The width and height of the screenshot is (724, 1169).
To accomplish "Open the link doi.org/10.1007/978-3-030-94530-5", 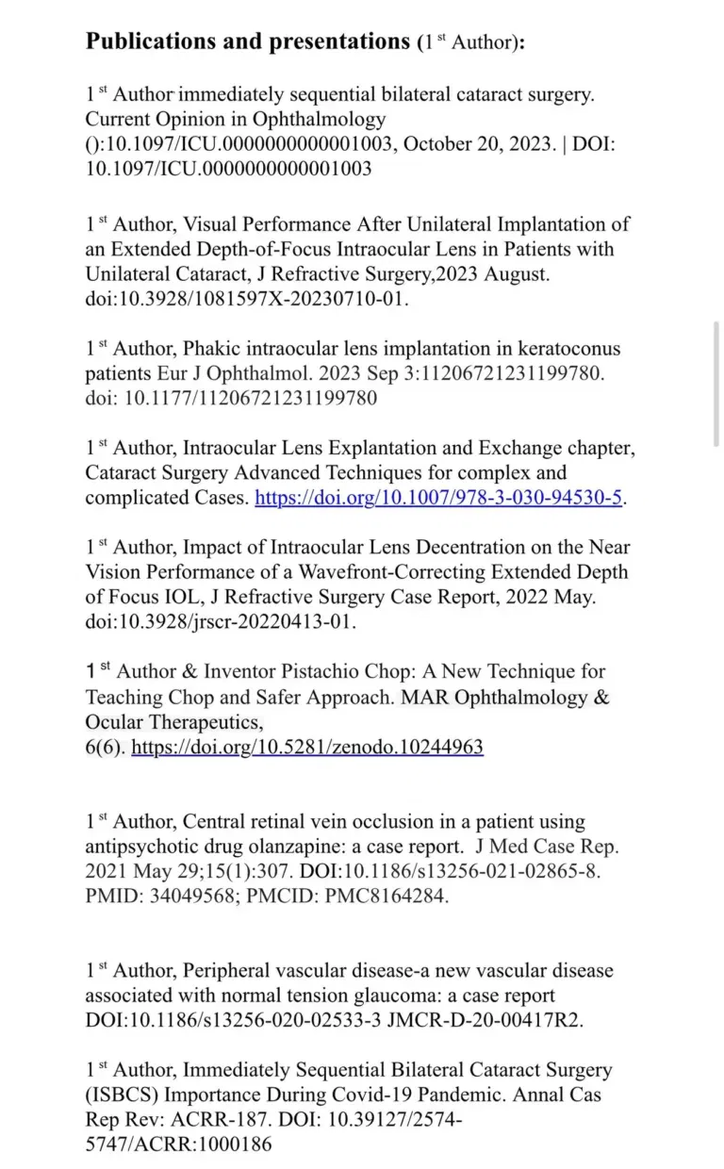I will [439, 497].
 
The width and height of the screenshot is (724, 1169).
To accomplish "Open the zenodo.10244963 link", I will [307, 747].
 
